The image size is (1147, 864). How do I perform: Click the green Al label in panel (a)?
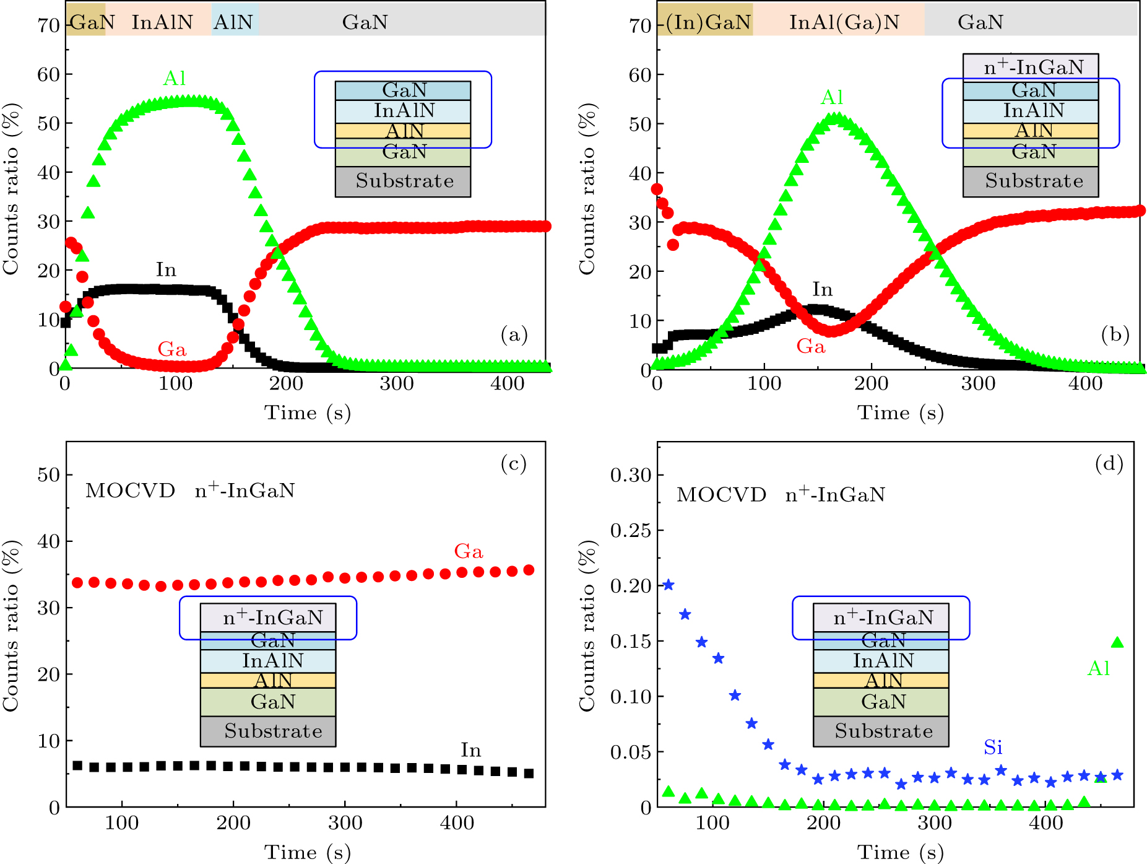pos(175,79)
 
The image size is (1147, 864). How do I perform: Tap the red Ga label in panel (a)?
pos(171,349)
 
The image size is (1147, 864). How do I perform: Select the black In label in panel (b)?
pos(822,289)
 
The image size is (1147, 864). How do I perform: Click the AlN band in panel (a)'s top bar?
pos(233,22)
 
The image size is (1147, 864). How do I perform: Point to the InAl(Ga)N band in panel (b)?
pos(844,22)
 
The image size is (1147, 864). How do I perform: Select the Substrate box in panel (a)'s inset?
pos(404,181)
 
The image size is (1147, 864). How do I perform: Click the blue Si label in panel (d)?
pos(993,748)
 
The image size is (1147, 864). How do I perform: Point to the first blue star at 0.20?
pos(669,585)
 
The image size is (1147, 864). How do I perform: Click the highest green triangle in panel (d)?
pos(1117,642)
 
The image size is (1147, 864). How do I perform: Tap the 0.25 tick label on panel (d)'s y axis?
pos(630,530)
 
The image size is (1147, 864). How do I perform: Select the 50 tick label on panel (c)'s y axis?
pos(48,475)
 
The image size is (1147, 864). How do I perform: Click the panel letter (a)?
pos(514,335)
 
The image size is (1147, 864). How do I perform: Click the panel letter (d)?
pos(1109,463)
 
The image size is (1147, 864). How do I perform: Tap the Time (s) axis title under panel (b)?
pos(899,412)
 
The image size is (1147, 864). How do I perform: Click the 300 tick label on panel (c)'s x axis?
pos(345,823)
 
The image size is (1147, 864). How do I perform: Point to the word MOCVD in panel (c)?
pos(130,491)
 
